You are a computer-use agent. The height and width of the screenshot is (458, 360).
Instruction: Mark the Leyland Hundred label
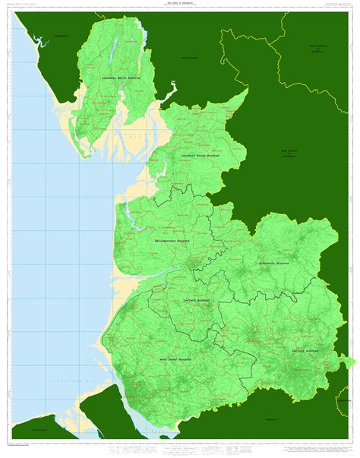[x=197, y=301]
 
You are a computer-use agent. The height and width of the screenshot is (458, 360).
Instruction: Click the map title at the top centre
[x=179, y=4]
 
